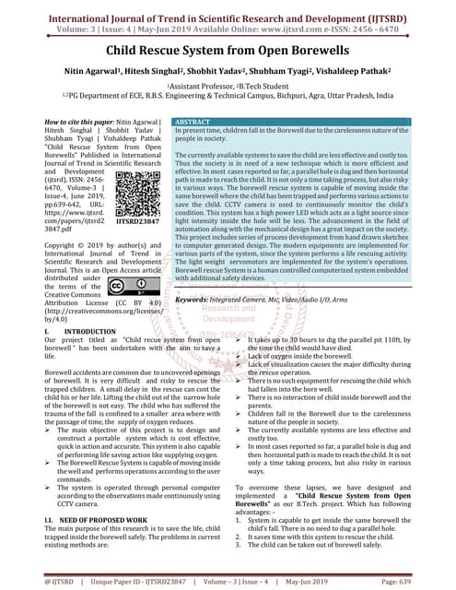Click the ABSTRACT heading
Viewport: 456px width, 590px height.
[x=193, y=123]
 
